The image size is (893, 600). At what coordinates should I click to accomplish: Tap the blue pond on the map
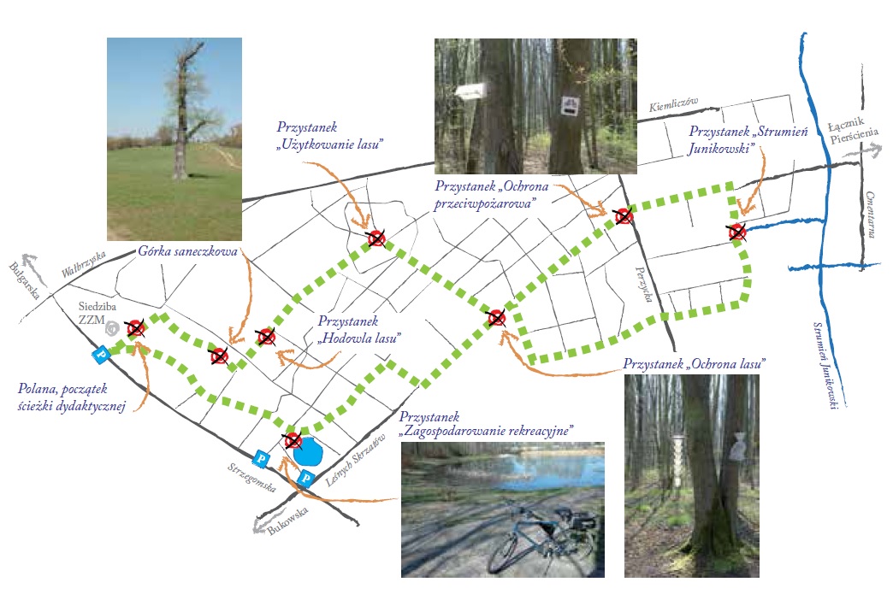(306, 450)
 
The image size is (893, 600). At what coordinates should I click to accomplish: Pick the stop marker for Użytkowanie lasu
(375, 238)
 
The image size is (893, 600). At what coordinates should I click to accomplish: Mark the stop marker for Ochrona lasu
(496, 318)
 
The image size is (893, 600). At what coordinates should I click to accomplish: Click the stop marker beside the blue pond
(293, 441)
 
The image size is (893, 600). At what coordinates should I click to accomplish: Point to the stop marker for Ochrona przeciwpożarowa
(624, 217)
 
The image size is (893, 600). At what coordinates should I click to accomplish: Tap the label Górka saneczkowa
(187, 252)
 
